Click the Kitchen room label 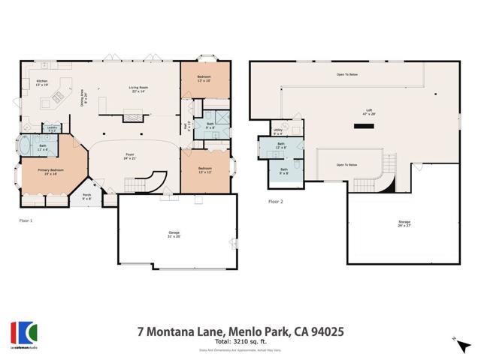41,83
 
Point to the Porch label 87,197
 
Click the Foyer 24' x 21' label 130,156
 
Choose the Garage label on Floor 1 174,235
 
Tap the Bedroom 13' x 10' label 204,79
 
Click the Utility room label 277,132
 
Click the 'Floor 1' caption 26,220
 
